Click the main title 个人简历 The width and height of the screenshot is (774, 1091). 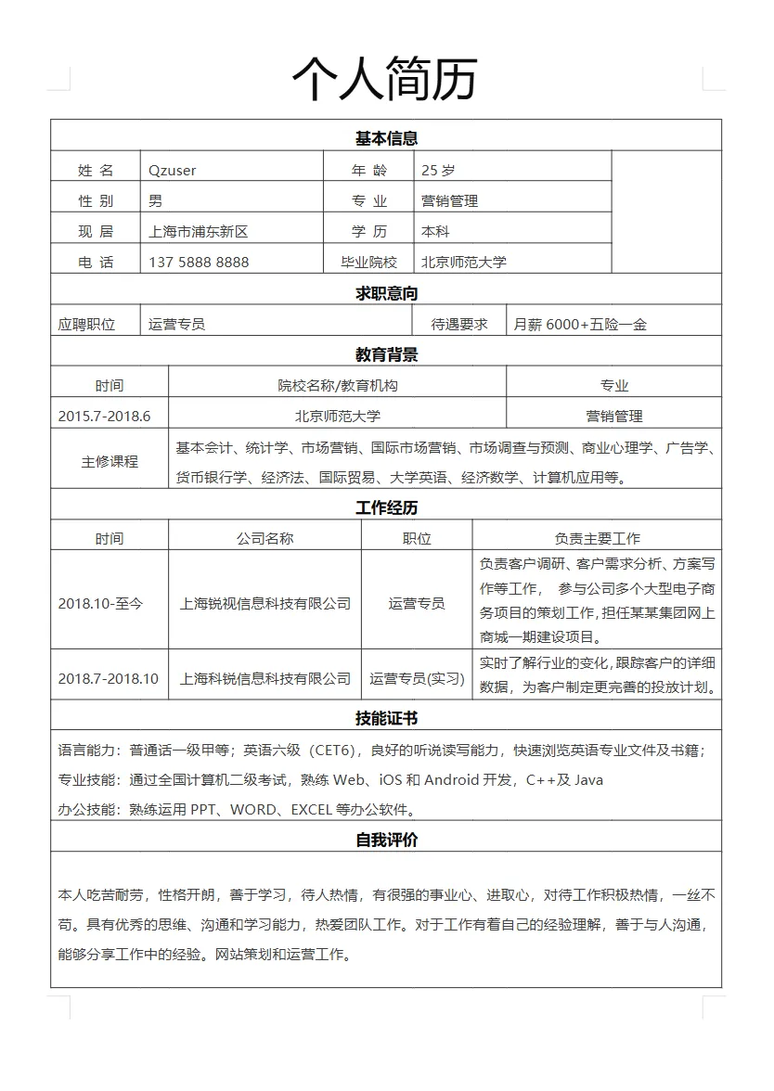(x=384, y=78)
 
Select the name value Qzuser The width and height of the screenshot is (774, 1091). (x=172, y=170)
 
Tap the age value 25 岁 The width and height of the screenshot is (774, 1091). (x=438, y=170)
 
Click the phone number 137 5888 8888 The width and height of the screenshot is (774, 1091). (x=199, y=262)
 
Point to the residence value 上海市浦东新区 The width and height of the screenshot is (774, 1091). (x=199, y=231)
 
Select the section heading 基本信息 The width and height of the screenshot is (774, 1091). (x=386, y=138)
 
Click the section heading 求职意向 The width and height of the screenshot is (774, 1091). (x=386, y=293)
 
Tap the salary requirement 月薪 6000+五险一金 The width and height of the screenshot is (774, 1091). (x=580, y=324)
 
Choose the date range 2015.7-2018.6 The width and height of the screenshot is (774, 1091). (x=104, y=416)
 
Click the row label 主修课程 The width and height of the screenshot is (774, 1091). (x=110, y=461)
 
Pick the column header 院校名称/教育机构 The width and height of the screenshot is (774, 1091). (x=338, y=385)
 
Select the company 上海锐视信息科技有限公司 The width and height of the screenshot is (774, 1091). (x=264, y=603)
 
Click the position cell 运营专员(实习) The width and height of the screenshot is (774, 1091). (x=417, y=678)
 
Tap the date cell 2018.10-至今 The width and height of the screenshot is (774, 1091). (x=101, y=603)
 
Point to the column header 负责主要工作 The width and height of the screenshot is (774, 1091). (x=597, y=538)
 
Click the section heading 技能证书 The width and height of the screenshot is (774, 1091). (x=386, y=718)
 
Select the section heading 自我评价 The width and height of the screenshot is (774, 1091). (x=386, y=840)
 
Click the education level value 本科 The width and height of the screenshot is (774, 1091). (x=435, y=231)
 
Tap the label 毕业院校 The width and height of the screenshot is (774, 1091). (x=368, y=262)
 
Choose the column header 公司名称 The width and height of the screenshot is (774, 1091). (x=264, y=538)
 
